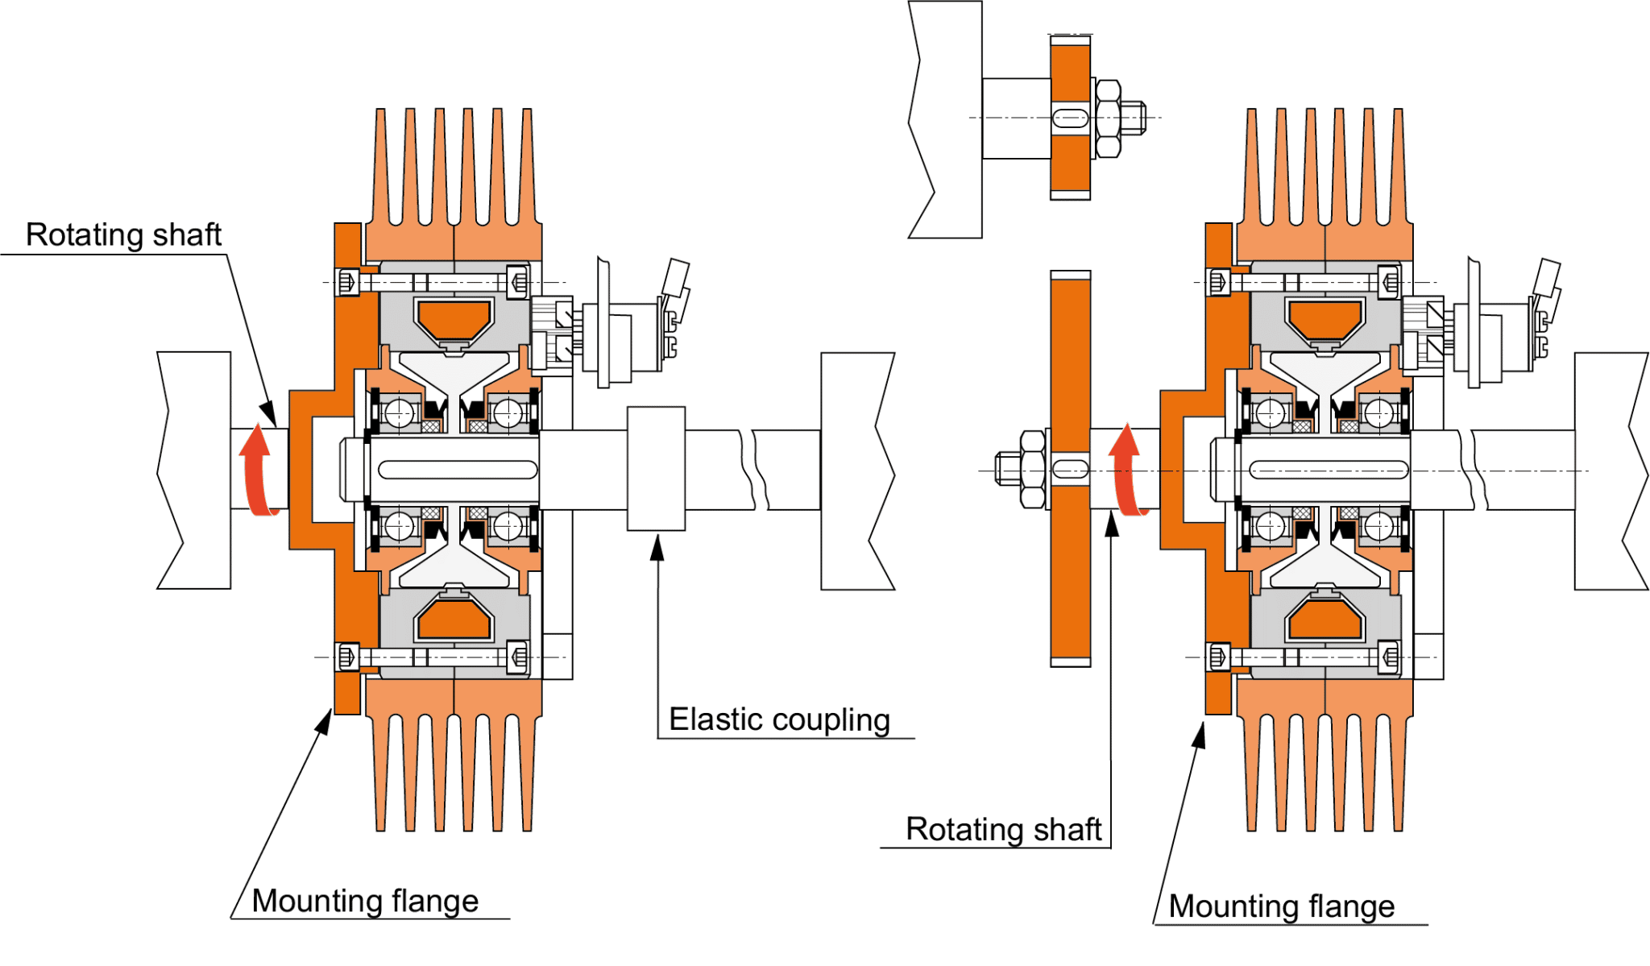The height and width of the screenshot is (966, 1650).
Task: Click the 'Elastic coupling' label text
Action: tap(779, 719)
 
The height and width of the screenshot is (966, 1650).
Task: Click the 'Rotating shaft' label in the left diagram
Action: tap(123, 234)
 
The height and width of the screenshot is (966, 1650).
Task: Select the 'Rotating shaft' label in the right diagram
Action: tap(1003, 829)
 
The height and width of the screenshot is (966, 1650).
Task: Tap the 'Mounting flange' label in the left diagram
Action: tap(365, 901)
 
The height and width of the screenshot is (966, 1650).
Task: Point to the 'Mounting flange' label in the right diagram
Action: tap(1282, 906)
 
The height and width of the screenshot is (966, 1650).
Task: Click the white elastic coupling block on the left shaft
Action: tap(656, 469)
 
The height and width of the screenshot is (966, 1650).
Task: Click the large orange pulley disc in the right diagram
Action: tap(1070, 564)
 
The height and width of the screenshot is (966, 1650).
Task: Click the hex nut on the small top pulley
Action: tap(1108, 118)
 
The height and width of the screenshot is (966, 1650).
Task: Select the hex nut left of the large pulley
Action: tap(1032, 469)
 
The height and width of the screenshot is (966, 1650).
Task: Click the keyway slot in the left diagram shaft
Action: tap(458, 470)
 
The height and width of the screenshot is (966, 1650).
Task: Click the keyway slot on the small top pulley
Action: tap(1071, 118)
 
